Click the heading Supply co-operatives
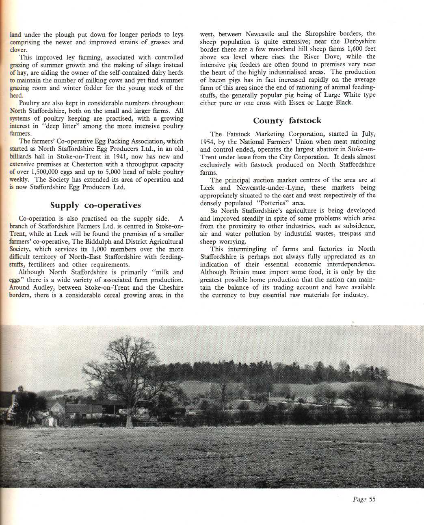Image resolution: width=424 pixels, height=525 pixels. point(95,205)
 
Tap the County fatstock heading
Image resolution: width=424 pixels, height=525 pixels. point(287,120)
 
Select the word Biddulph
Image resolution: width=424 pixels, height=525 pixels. point(103,241)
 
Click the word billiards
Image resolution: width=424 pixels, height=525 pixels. point(22,156)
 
